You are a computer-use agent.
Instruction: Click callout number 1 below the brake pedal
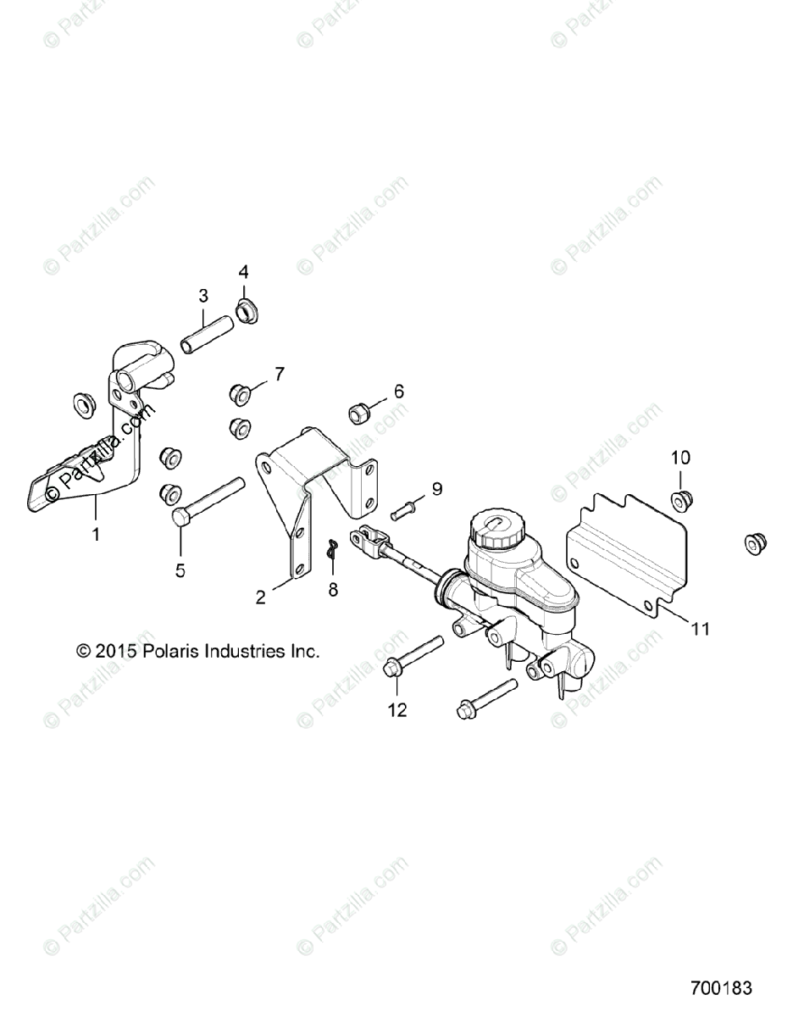pyautogui.click(x=96, y=535)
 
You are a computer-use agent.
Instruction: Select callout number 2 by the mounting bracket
pyautogui.click(x=261, y=597)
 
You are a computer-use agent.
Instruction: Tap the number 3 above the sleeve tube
pyautogui.click(x=203, y=296)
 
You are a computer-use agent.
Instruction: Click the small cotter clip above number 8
pyautogui.click(x=333, y=551)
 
